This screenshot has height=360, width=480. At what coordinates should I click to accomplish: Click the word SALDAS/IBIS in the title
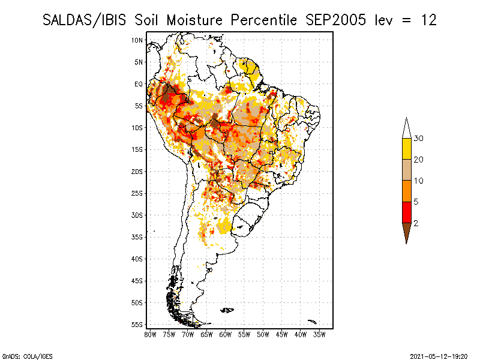pyautogui.click(x=84, y=20)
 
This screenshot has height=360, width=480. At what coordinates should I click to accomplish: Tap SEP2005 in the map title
pyautogui.click(x=336, y=20)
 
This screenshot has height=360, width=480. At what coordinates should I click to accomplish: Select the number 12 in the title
pyautogui.click(x=428, y=20)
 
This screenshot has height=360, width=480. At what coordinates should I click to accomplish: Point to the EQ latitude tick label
pyautogui.click(x=139, y=84)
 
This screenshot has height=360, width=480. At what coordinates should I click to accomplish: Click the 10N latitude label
pyautogui.click(x=137, y=40)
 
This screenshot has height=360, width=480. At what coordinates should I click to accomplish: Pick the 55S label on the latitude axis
pyautogui.click(x=137, y=325)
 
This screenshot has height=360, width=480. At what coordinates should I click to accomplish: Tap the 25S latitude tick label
pyautogui.click(x=137, y=193)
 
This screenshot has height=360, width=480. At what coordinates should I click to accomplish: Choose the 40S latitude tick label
pyautogui.click(x=137, y=259)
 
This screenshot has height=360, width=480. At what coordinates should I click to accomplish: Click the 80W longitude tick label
pyautogui.click(x=150, y=335)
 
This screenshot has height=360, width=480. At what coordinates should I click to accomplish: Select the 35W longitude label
pyautogui.click(x=319, y=335)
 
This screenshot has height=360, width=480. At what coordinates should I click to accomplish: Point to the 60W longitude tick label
pyautogui.click(x=226, y=335)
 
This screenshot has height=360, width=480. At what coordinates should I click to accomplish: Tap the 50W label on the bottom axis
pyautogui.click(x=263, y=335)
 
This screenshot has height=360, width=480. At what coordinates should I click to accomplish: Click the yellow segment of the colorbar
pyautogui.click(x=407, y=149)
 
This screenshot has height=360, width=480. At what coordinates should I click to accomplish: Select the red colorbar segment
pyautogui.click(x=407, y=212)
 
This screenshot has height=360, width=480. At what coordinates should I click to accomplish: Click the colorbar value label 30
pyautogui.click(x=418, y=139)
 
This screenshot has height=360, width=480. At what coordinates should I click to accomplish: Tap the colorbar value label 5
pyautogui.click(x=416, y=202)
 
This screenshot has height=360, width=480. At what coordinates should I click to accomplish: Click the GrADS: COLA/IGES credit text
pyautogui.click(x=28, y=356)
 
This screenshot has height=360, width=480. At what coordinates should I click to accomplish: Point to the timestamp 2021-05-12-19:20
pyautogui.click(x=439, y=356)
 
